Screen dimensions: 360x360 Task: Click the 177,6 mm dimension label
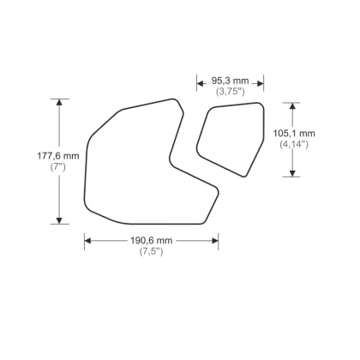coord(58,155)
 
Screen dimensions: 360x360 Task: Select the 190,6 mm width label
coord(151,240)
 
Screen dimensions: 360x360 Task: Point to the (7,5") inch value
coord(151,251)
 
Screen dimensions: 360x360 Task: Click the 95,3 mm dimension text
coord(229,81)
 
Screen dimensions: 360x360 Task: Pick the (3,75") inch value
coord(229,91)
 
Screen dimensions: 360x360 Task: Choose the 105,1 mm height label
coord(294,134)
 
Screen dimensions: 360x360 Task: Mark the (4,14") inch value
coord(294,145)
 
